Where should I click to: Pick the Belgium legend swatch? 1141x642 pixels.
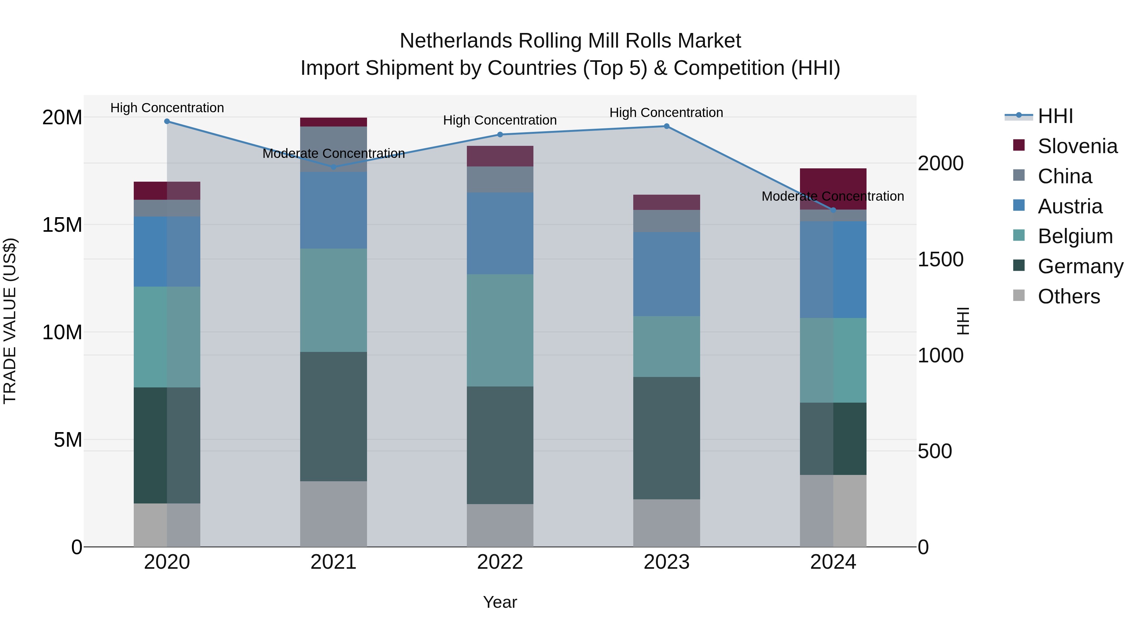coord(1019,236)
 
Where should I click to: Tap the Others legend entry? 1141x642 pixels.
coord(1068,296)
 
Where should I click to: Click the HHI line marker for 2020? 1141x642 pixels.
coord(167,121)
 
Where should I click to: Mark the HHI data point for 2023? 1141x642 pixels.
coord(667,126)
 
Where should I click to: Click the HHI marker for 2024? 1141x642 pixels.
coord(833,210)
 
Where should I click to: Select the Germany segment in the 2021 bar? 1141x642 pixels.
coord(333,417)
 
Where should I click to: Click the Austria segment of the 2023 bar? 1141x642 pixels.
coord(667,274)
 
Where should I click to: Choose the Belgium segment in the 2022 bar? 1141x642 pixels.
coord(500,330)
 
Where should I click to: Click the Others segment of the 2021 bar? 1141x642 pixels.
coord(333,514)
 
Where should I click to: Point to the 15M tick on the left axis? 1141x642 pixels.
coord(62,225)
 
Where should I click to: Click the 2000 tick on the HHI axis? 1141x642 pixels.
coord(940,164)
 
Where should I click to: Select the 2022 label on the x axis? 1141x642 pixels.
coord(500,562)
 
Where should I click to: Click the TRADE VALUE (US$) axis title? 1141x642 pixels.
coord(10,321)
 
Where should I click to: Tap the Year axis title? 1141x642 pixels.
coord(500,602)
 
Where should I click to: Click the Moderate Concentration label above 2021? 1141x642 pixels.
coord(333,154)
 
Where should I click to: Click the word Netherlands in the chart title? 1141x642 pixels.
coord(456,41)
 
